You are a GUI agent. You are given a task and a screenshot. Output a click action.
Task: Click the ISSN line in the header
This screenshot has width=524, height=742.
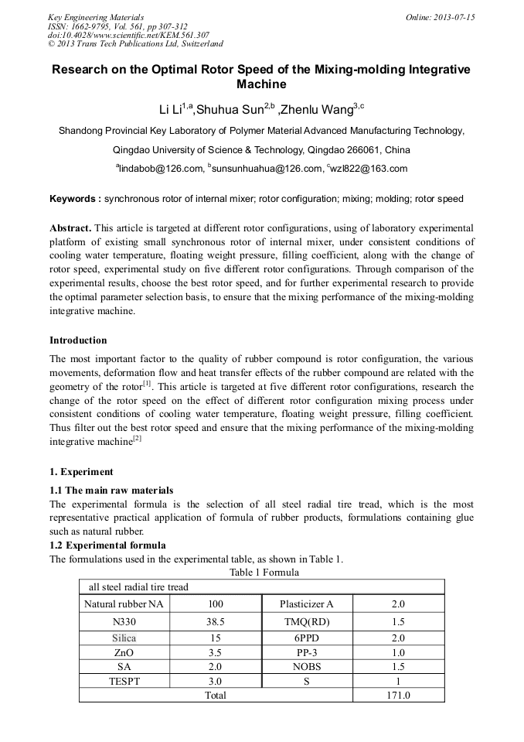[117, 26]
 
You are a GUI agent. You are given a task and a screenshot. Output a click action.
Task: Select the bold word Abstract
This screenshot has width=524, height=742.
[70, 228]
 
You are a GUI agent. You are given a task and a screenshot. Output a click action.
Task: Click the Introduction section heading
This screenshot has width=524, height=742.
[78, 340]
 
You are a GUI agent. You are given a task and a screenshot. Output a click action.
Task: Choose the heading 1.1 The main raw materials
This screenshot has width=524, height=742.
[111, 490]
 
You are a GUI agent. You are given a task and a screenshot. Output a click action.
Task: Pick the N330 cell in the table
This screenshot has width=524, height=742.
[124, 621]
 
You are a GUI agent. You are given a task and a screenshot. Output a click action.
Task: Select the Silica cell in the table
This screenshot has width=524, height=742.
[124, 638]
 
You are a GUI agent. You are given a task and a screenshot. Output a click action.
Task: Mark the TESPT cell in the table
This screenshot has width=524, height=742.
[124, 681]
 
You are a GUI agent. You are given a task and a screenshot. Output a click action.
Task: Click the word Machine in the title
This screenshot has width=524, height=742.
[261, 84]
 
